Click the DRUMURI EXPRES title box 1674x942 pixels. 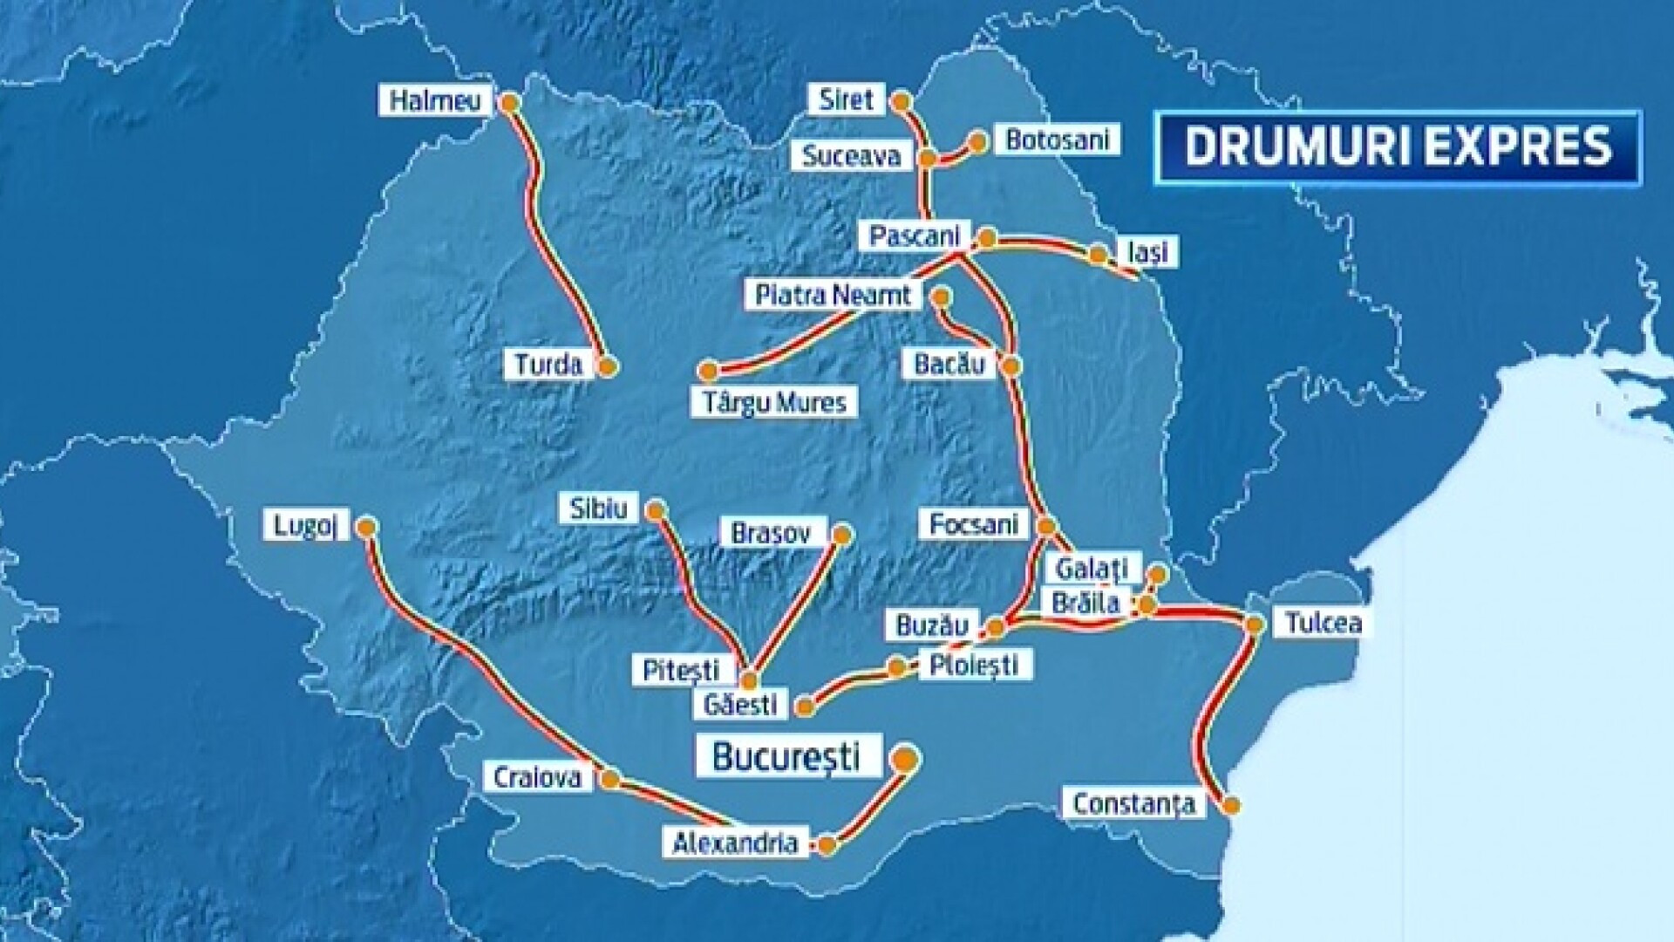point(1398,147)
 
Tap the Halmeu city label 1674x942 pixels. point(434,100)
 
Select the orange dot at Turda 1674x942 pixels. point(609,366)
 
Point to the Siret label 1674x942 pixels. point(846,99)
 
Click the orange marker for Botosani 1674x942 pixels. point(978,141)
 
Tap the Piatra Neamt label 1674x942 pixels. point(833,295)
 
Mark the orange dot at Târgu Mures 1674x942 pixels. point(708,372)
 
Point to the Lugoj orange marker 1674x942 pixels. point(367,527)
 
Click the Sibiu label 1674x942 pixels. point(599,509)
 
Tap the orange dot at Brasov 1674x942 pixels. point(842,534)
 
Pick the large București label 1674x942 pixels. point(786,756)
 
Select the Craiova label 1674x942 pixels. point(537,777)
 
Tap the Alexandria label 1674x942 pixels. point(735,843)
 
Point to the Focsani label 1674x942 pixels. point(974,523)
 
